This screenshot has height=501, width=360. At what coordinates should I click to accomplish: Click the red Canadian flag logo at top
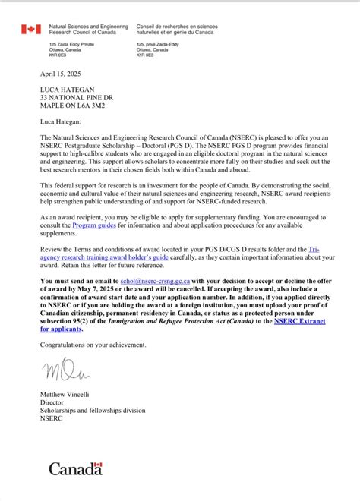pos(30,30)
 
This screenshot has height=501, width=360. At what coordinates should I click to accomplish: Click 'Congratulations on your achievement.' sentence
pos(93,345)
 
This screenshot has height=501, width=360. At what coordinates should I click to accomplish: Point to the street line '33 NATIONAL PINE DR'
pos(76,99)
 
